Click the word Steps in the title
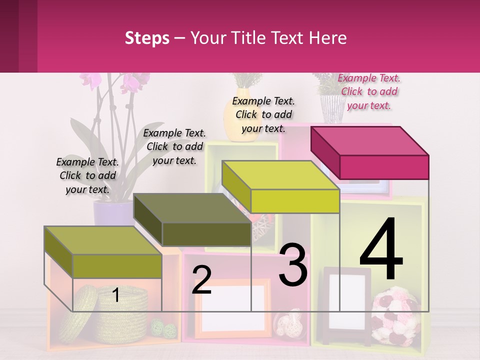(147, 38)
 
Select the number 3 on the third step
(293, 264)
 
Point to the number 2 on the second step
(201, 280)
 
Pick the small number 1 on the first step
(115, 295)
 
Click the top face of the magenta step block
(370, 140)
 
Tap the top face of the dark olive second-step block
(192, 208)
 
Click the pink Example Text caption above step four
(369, 91)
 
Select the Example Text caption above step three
(263, 114)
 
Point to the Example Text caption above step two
(174, 146)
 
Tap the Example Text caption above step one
(87, 175)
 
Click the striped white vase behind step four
(330, 109)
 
